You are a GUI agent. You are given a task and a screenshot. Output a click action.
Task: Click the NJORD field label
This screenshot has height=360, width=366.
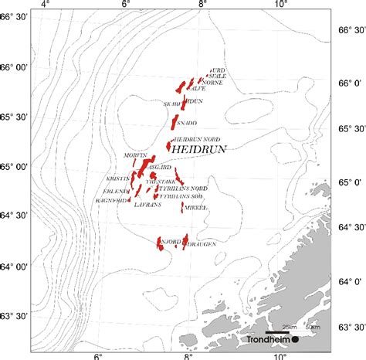pos(169,242)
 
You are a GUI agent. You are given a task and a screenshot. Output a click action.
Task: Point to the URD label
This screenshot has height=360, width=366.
pos(217,70)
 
